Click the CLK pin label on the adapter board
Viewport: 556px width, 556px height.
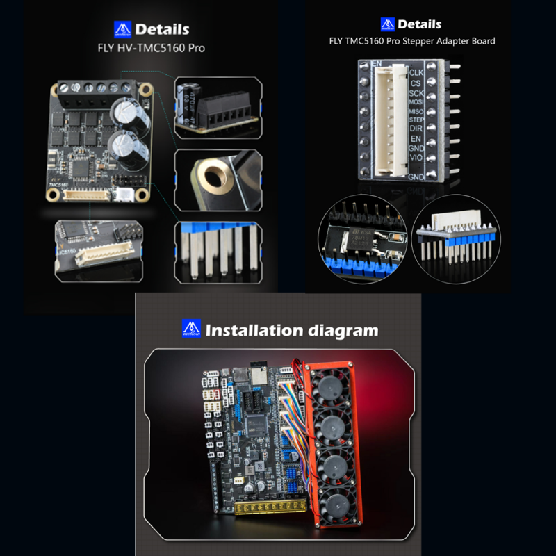[416, 72]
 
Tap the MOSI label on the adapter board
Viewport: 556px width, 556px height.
[416, 102]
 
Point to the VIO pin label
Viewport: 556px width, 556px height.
[416, 158]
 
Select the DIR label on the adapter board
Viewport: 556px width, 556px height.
[416, 129]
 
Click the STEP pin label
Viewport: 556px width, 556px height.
[416, 120]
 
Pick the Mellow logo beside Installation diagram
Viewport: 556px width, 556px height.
[190, 328]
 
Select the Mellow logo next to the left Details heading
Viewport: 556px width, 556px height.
[122, 29]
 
